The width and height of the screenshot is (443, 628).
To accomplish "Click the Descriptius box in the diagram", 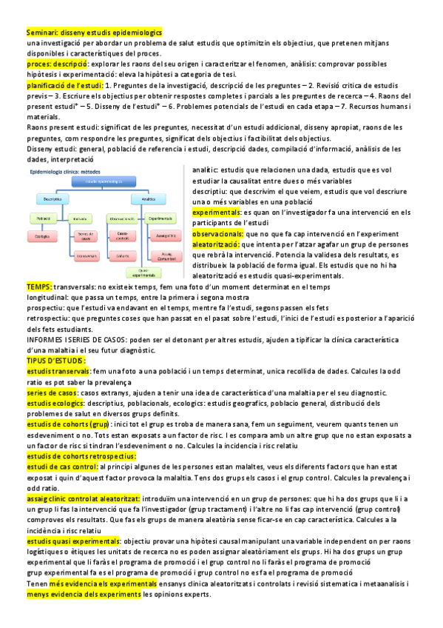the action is pyautogui.click(x=52, y=199).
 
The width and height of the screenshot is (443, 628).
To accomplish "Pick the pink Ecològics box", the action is pyautogui.click(x=43, y=235).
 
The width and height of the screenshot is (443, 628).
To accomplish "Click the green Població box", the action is pyautogui.click(x=43, y=218).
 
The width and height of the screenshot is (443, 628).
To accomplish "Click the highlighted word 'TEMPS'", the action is pyautogui.click(x=38, y=286).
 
